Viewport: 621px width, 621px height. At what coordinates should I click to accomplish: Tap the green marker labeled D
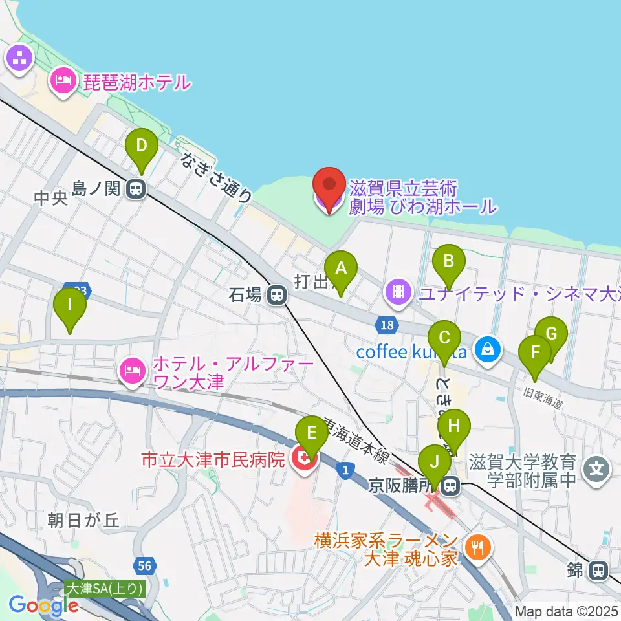point(142,149)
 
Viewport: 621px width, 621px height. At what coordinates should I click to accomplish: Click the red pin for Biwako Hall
point(329,188)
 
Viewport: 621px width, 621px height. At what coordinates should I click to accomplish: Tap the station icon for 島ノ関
point(136,190)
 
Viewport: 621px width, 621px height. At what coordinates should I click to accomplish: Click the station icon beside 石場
point(277,296)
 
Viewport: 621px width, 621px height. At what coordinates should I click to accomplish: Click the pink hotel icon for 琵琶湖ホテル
point(63,82)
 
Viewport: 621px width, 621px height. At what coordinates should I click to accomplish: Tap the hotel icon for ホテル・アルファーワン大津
point(133,371)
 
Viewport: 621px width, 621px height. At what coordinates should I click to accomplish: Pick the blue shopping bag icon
point(485,350)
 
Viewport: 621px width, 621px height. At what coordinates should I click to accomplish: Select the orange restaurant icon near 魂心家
point(479,547)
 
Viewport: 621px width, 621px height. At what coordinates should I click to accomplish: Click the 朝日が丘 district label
point(84,520)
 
